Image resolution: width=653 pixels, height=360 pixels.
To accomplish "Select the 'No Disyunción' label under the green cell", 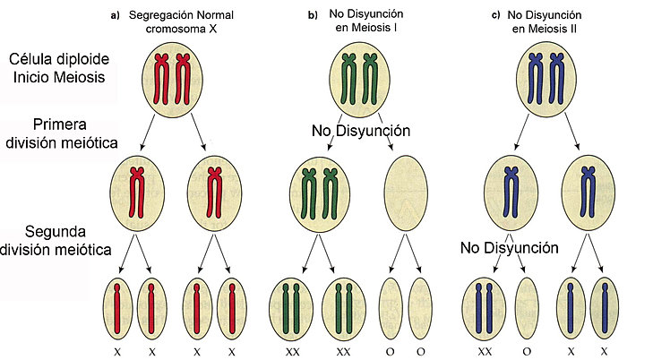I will point(361,131).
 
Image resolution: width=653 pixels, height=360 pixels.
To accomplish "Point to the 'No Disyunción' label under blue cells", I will point(510,247).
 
